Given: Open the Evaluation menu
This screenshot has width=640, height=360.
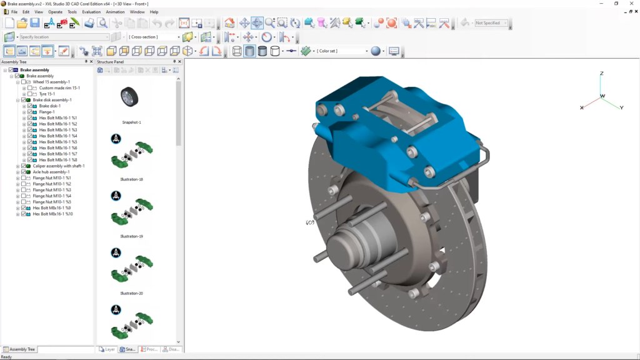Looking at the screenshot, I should [91, 12].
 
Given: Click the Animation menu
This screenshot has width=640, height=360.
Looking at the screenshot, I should [115, 12].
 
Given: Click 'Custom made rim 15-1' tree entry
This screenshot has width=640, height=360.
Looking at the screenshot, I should [59, 88].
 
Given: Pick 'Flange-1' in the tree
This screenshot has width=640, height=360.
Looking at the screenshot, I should [47, 112].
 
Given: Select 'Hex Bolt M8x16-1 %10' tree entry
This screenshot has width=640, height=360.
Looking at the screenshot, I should [53, 214].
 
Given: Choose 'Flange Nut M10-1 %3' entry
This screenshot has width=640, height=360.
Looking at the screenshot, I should [52, 190].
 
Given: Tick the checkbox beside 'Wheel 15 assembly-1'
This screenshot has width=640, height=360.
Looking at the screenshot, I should [24, 82].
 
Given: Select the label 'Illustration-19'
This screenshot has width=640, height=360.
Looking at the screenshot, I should [131, 236].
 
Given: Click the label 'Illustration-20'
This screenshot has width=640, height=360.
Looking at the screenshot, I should [131, 293].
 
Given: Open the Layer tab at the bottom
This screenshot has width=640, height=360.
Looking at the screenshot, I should [107, 349].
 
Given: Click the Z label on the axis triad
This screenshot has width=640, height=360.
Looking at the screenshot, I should [601, 74].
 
